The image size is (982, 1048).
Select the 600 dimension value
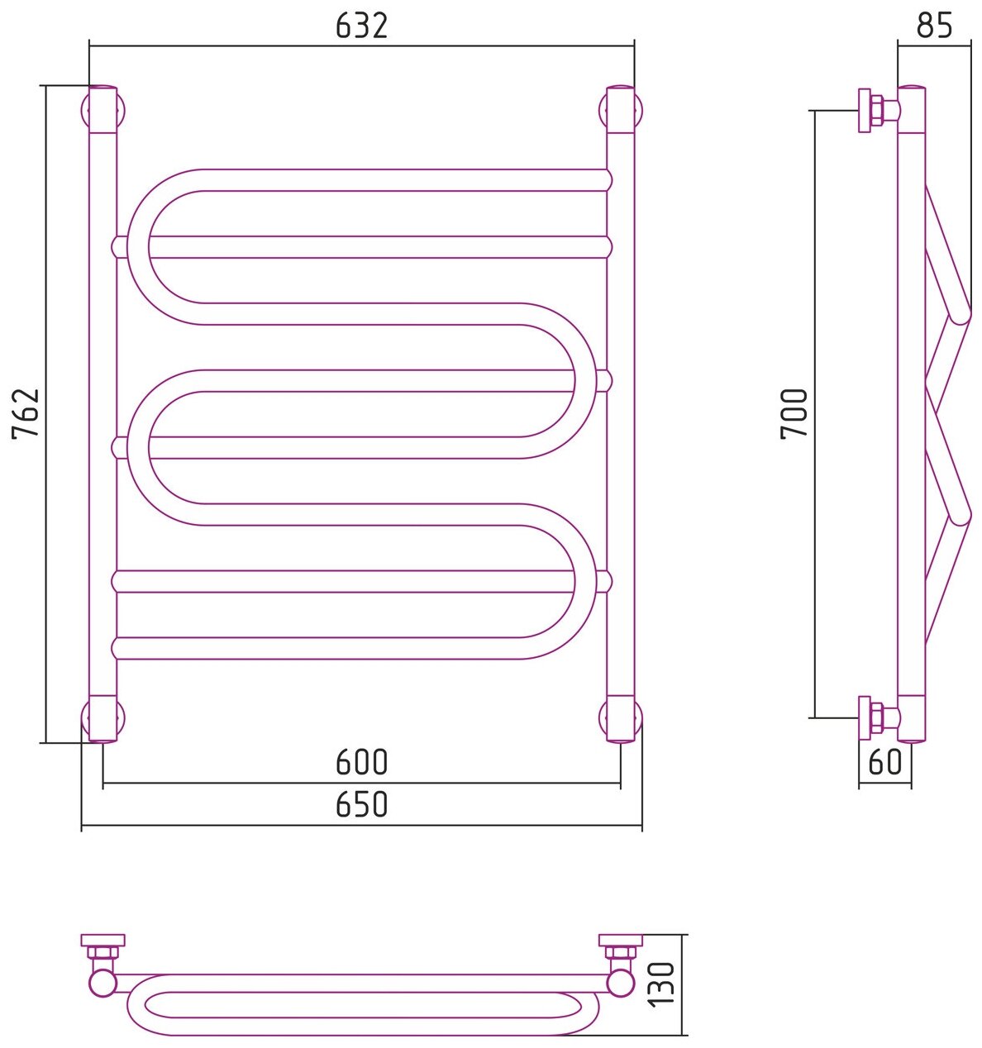point(361,762)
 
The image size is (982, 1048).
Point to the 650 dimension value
point(361,804)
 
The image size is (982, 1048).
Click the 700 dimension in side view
point(794,414)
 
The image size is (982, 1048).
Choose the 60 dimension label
point(885,761)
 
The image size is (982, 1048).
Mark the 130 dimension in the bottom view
point(666,985)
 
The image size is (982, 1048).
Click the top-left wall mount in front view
point(102,109)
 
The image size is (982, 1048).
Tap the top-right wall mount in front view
point(621,109)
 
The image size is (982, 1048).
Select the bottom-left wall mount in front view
point(102,718)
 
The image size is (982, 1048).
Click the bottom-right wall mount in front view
point(621,718)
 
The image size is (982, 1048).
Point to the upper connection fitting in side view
point(877,109)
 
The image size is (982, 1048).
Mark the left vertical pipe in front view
point(102,413)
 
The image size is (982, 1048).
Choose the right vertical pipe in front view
point(621,413)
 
